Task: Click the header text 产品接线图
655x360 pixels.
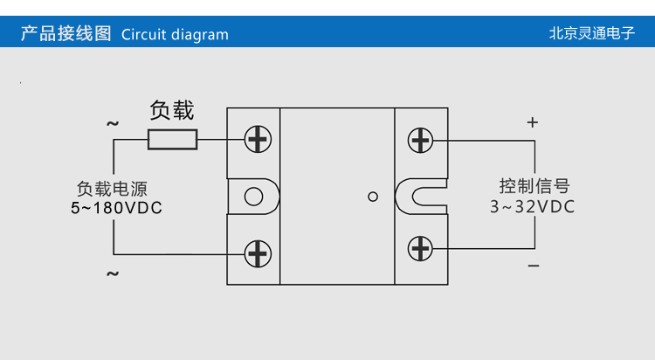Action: [x=65, y=34]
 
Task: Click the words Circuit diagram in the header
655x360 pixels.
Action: [x=175, y=35]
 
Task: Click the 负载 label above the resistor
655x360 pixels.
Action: [x=172, y=111]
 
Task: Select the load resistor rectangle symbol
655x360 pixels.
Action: [x=172, y=140]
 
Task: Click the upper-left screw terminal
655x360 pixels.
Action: [x=258, y=139]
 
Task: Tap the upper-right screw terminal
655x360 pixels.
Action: [x=421, y=139]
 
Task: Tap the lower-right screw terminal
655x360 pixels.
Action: [x=421, y=248]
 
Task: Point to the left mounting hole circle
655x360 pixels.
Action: [x=253, y=196]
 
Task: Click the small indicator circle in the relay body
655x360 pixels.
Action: [x=373, y=197]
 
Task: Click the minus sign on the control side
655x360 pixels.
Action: [x=533, y=266]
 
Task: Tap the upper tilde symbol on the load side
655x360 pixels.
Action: [x=113, y=124]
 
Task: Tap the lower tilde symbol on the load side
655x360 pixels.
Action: [x=113, y=274]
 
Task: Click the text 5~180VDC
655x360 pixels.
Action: [x=116, y=208]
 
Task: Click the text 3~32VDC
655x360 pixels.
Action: [x=532, y=207]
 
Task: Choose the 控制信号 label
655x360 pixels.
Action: [x=534, y=186]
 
